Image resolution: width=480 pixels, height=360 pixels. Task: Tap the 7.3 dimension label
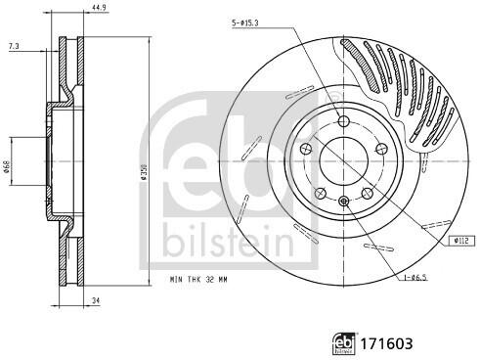(x=14, y=47)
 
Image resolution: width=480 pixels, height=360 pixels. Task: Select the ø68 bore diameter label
(x=6, y=166)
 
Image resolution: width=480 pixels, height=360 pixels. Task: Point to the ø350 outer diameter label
(x=143, y=172)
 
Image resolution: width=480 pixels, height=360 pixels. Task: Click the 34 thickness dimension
(x=96, y=301)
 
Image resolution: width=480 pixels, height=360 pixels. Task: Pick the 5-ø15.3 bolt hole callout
(x=245, y=22)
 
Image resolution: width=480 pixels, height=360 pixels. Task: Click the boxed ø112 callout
(x=461, y=241)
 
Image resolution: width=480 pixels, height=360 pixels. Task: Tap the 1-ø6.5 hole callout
(x=415, y=278)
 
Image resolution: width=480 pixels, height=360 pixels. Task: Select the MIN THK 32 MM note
(x=198, y=280)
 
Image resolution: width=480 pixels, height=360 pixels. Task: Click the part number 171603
(x=386, y=343)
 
